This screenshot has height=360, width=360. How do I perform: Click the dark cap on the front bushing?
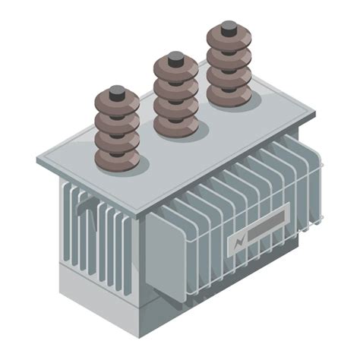coord(117,92)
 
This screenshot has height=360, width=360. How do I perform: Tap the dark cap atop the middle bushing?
coord(175,58)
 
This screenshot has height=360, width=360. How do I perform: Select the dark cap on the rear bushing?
coord(229,28)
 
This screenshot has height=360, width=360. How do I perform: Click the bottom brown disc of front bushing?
coord(117,159)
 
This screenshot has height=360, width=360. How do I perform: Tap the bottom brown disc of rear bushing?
coord(229,96)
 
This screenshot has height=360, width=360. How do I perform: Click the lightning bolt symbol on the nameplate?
coord(238,242)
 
